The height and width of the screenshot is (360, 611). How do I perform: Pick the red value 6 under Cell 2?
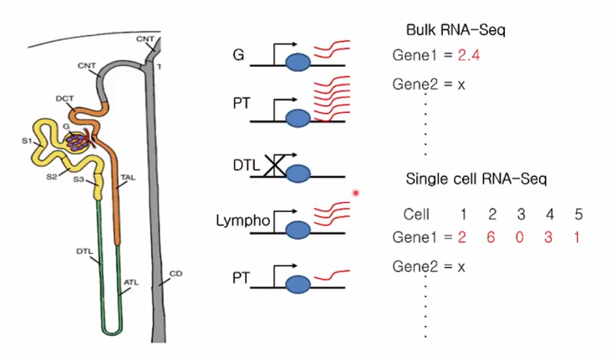(492, 237)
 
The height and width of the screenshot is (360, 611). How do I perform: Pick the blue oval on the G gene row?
(298, 64)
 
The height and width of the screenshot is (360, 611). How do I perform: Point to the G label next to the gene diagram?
(240, 56)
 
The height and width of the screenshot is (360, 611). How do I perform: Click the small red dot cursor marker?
(355, 193)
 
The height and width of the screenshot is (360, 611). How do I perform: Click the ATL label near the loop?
(131, 282)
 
